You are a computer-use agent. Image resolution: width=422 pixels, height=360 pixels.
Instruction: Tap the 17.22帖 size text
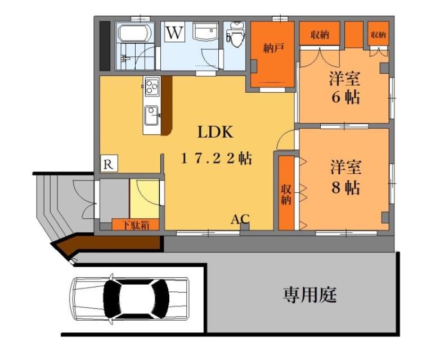click(x=216, y=159)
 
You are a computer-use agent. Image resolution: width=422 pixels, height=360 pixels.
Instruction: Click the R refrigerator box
click(x=109, y=164)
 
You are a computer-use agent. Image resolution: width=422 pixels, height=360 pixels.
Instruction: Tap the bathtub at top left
click(x=133, y=33)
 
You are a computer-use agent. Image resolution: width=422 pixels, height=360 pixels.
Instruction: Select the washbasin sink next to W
click(x=204, y=33)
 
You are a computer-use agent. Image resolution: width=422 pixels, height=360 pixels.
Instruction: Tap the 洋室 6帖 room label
click(x=345, y=88)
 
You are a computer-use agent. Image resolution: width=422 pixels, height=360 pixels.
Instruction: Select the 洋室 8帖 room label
click(x=345, y=178)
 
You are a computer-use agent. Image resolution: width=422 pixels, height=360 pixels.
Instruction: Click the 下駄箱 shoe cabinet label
click(x=134, y=225)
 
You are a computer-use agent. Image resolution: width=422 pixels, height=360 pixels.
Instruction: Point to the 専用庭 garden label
click(x=310, y=294)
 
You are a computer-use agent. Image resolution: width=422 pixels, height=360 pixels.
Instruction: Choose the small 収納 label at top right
click(x=378, y=35)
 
